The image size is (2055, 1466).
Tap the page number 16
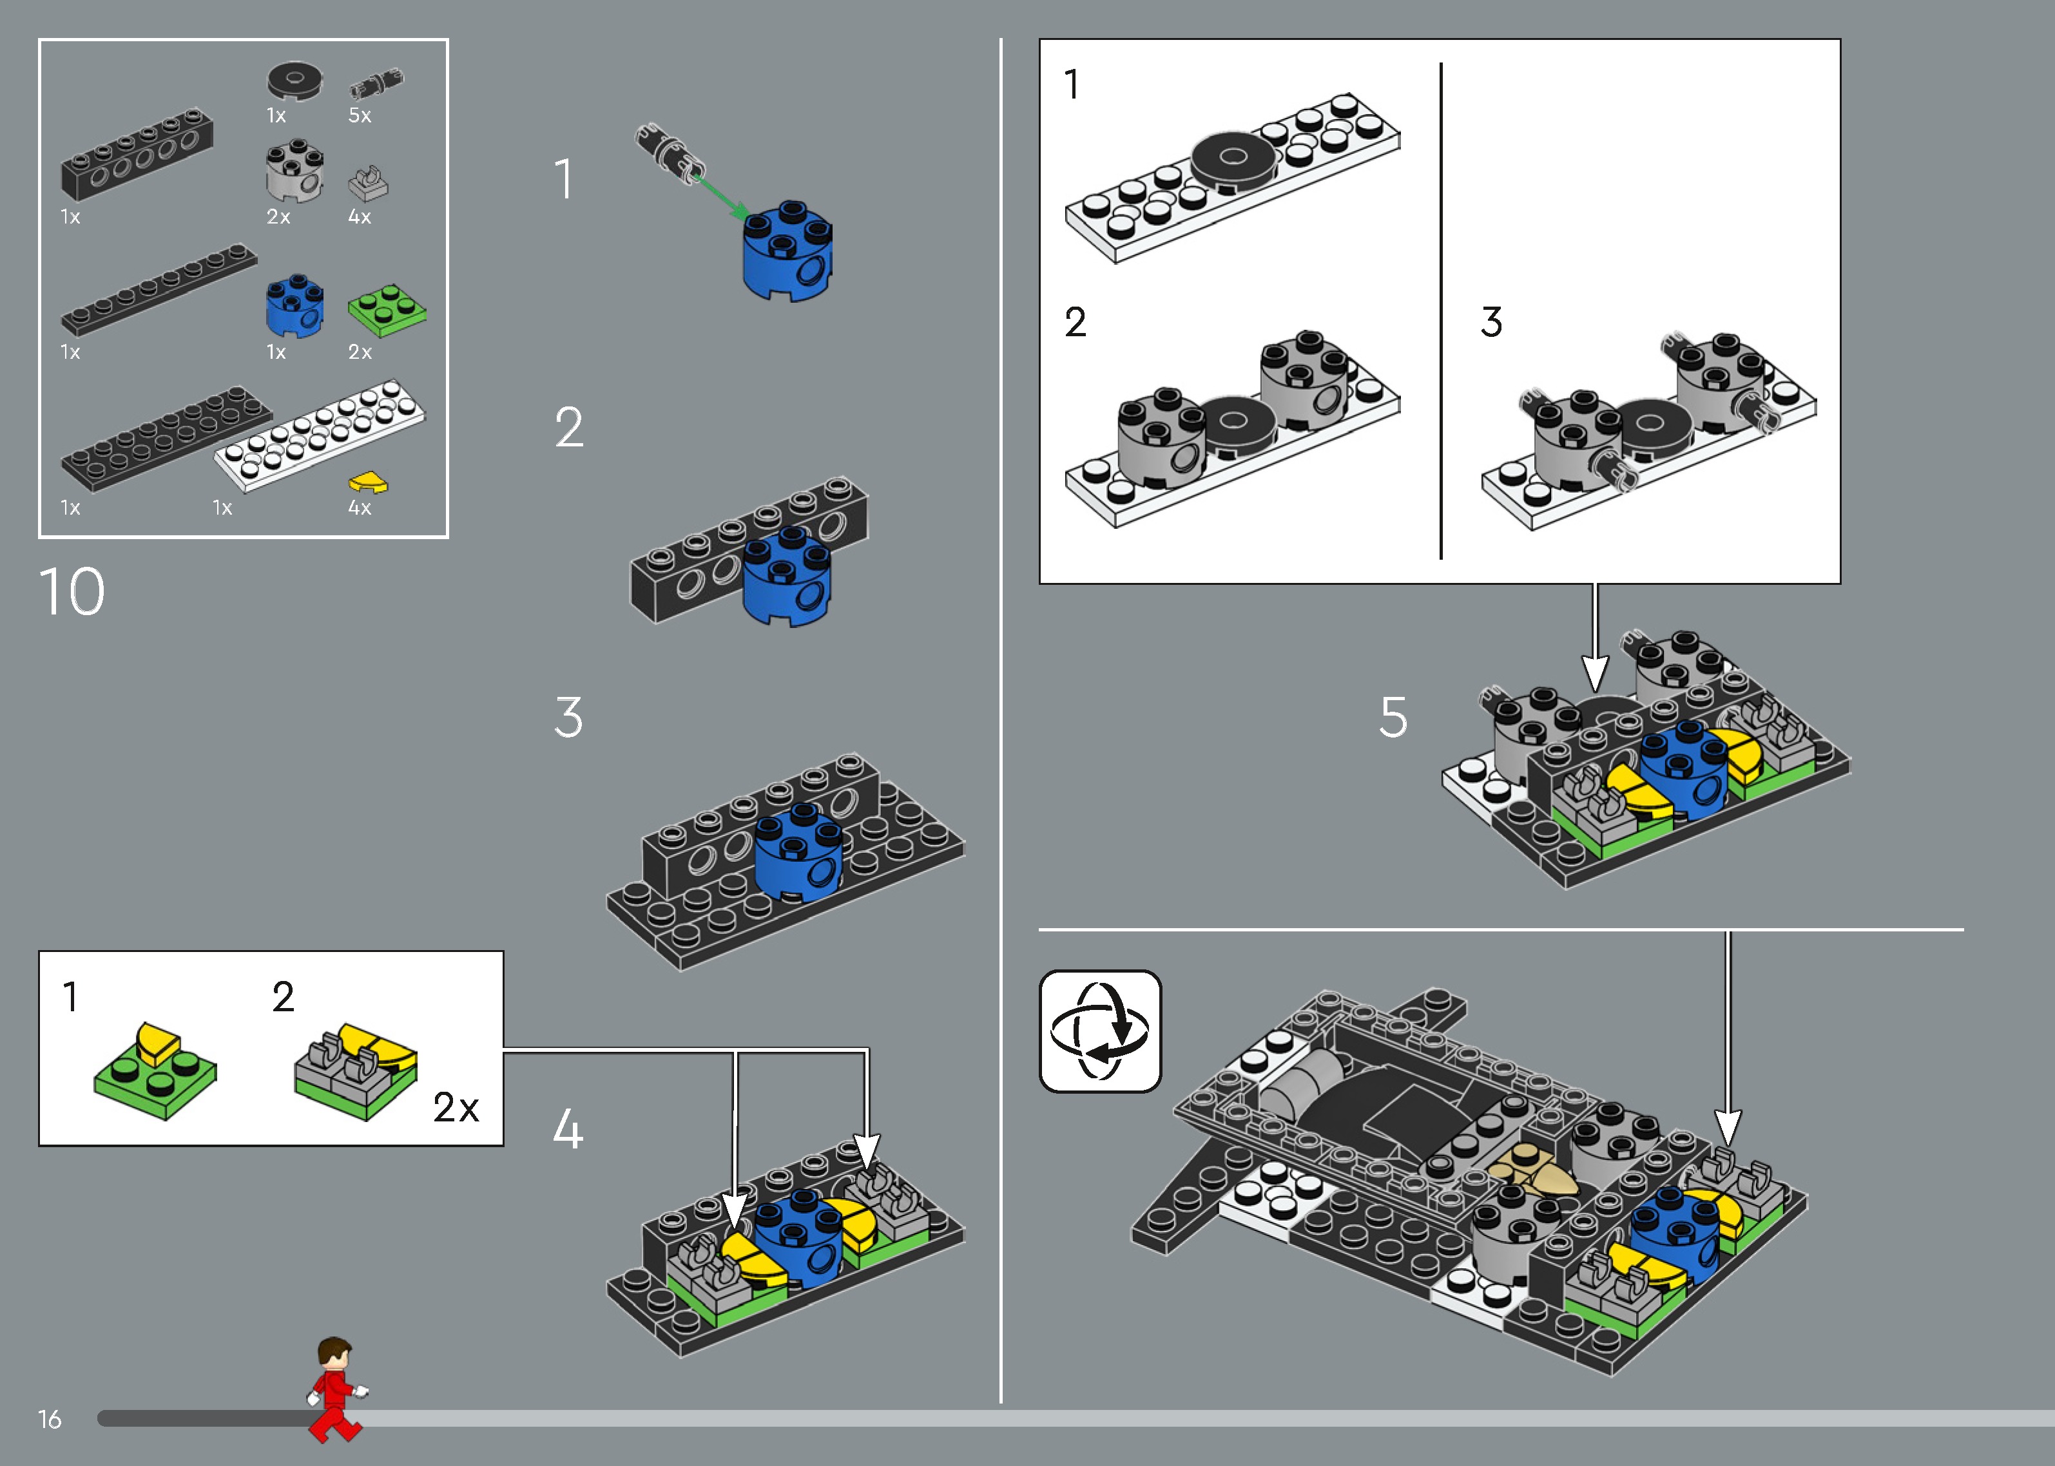coord(50,1419)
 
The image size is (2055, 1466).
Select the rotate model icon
coord(1100,1031)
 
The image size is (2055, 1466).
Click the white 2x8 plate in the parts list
coord(320,435)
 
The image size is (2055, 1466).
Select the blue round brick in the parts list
coord(294,305)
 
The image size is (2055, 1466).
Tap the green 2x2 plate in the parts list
coord(387,310)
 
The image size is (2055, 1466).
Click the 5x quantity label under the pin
coord(360,115)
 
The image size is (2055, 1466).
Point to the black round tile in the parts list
coord(294,81)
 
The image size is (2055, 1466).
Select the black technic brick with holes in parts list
coord(137,155)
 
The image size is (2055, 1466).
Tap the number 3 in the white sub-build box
coord(1492,322)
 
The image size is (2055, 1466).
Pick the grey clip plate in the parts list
coord(367,183)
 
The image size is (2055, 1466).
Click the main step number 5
coord(1393,718)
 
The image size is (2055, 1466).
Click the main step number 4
coord(568,1129)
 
